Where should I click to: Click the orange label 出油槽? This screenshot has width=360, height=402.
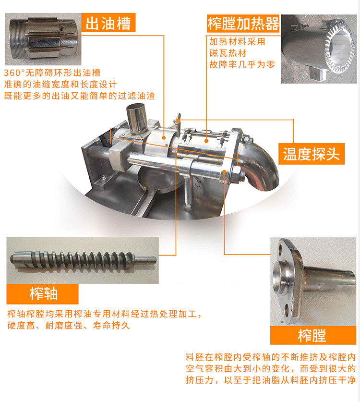(x=108, y=23)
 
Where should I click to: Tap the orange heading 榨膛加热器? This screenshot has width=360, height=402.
(x=243, y=24)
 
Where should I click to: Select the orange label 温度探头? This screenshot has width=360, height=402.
(x=312, y=154)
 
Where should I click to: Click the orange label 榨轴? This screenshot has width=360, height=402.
(x=43, y=293)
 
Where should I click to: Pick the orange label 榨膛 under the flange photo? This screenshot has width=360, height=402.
(x=313, y=335)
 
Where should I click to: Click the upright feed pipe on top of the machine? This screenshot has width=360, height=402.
(x=137, y=118)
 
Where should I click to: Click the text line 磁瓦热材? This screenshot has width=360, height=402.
(x=228, y=53)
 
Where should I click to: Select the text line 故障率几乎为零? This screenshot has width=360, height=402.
(x=242, y=65)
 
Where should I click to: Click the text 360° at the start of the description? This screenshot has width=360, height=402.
(x=14, y=73)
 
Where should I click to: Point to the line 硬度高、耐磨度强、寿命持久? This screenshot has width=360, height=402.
(x=69, y=325)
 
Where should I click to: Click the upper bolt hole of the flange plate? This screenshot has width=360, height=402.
(x=280, y=249)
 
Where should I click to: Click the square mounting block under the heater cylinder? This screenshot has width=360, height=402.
(x=316, y=73)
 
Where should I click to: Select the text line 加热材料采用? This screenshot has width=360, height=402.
(x=237, y=41)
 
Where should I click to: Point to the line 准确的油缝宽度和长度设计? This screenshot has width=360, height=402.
(x=60, y=85)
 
